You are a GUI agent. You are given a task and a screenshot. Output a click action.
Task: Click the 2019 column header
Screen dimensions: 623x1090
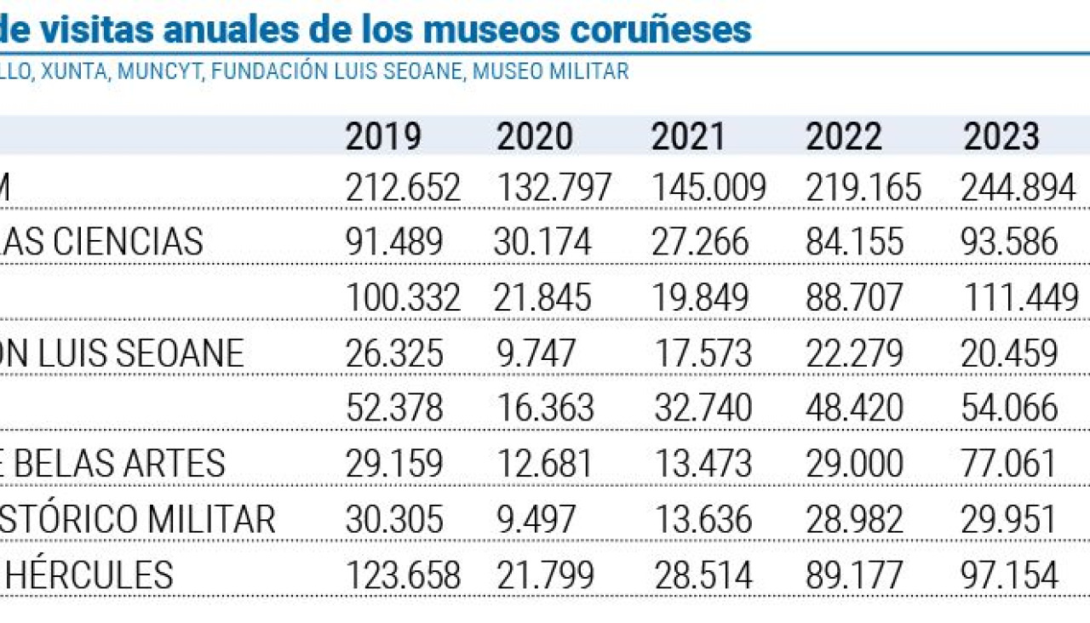pyautogui.click(x=383, y=136)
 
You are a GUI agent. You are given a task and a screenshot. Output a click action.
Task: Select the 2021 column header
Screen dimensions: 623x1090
pyautogui.click(x=688, y=136)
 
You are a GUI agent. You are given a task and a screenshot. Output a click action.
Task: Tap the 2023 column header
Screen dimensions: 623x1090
pyautogui.click(x=1001, y=136)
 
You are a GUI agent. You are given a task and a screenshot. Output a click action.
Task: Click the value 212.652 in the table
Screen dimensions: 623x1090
pyautogui.click(x=403, y=188)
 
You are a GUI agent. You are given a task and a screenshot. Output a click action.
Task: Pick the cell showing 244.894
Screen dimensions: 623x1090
pyautogui.click(x=1018, y=188)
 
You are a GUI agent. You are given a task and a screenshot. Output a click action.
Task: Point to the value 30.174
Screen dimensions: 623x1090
pyautogui.click(x=542, y=243)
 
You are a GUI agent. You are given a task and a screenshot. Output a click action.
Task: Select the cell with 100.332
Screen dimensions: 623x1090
pyautogui.click(x=403, y=298)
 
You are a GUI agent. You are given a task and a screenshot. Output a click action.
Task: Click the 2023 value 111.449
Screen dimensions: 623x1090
pyautogui.click(x=1021, y=298)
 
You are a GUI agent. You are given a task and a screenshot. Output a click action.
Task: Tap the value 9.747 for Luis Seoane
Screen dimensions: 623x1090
pyautogui.click(x=534, y=353)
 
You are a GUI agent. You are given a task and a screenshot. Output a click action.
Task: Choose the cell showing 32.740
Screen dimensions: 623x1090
pyautogui.click(x=703, y=409)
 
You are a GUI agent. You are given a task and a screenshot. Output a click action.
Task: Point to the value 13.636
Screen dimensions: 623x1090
pyautogui.click(x=703, y=519)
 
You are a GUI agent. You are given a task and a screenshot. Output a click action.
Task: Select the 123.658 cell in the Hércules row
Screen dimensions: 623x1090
pyautogui.click(x=403, y=575)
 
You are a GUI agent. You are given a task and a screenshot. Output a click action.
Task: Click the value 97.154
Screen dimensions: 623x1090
pyautogui.click(x=1009, y=575)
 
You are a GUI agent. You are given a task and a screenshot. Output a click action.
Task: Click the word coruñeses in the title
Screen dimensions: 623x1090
pyautogui.click(x=661, y=29)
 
